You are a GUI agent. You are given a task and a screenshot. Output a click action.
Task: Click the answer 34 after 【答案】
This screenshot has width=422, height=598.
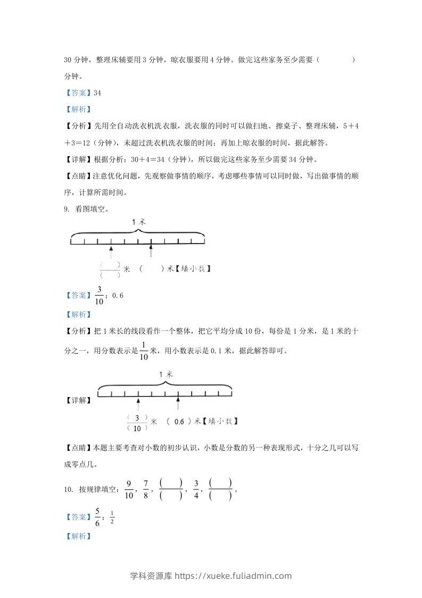pos(97,93)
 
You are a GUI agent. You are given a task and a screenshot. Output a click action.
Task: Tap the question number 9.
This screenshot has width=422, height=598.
pos(66,209)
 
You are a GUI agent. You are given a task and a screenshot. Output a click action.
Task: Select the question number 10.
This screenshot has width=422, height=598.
pos(68,489)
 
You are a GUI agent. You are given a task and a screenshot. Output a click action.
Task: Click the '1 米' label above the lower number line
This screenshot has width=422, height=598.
pos(166,375)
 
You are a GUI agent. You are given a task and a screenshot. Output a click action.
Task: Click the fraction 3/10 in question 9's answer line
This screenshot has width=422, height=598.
pos(99,295)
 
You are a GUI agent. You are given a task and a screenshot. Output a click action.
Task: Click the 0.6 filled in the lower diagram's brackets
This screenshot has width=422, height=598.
pos(179,422)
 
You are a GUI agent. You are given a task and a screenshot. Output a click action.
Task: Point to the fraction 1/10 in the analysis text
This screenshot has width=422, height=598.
pos(143,351)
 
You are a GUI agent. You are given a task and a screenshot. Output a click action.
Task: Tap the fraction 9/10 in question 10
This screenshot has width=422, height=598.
pos(129,489)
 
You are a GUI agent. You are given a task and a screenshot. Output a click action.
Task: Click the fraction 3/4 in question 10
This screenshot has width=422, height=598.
pos(196,489)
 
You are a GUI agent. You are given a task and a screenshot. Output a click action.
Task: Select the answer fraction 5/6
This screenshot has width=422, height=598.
pos(97,517)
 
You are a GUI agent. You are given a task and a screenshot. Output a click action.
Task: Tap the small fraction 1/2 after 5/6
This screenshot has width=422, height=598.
pos(112,518)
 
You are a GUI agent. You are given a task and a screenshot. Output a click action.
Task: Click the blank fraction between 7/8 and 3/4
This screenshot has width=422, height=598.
pos(170,489)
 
